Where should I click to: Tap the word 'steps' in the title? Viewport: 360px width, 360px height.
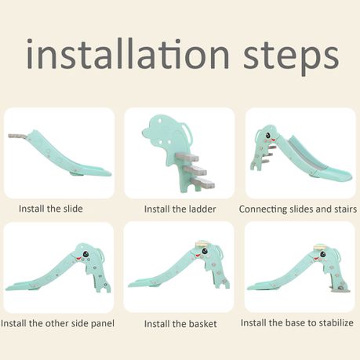291,58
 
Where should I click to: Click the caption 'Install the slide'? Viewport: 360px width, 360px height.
51,209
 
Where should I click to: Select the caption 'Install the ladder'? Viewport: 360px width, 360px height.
180,209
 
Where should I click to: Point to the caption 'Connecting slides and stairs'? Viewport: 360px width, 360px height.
298,209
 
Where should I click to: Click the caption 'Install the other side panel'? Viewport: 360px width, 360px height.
57,323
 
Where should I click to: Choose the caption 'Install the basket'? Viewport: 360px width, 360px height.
180,324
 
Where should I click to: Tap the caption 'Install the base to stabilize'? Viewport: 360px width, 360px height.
297,323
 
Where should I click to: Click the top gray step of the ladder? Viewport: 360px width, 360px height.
187,157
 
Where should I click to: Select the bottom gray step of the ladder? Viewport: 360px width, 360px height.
203,183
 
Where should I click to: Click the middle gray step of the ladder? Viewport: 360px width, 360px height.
195,170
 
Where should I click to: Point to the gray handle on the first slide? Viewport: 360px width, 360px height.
18,136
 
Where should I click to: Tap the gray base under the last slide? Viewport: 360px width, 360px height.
340,290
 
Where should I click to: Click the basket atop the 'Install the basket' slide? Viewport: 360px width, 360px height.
202,245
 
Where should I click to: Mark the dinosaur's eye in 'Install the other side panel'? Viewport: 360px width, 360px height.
85,254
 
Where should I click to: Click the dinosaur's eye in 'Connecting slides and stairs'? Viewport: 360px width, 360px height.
268,135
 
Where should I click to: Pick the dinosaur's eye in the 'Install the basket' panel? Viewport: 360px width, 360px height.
204,252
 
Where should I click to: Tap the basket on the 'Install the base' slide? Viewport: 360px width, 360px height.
322,246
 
